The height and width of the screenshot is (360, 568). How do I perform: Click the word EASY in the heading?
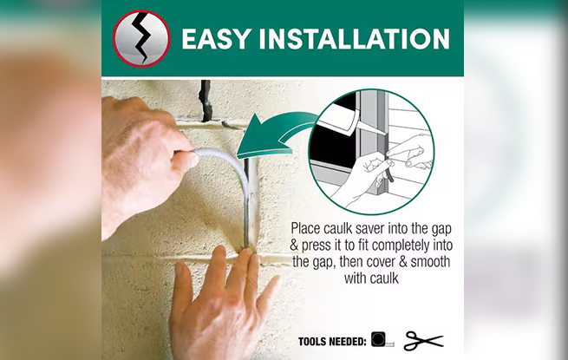coord(216,39)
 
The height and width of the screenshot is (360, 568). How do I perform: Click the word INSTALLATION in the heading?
coord(355,39)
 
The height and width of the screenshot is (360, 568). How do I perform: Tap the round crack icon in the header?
coord(141,38)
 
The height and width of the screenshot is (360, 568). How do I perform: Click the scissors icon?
coord(423,340)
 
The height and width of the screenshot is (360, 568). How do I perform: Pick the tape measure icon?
coord(382,339)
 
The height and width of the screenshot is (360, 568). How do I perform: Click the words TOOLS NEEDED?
coord(332,342)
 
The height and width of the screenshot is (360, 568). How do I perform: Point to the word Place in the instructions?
coord(306,229)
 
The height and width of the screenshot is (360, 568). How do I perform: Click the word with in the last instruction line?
coord(356,278)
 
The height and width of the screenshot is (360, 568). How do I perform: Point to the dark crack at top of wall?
coord(206,101)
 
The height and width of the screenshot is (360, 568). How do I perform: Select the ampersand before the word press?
coord(294,245)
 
